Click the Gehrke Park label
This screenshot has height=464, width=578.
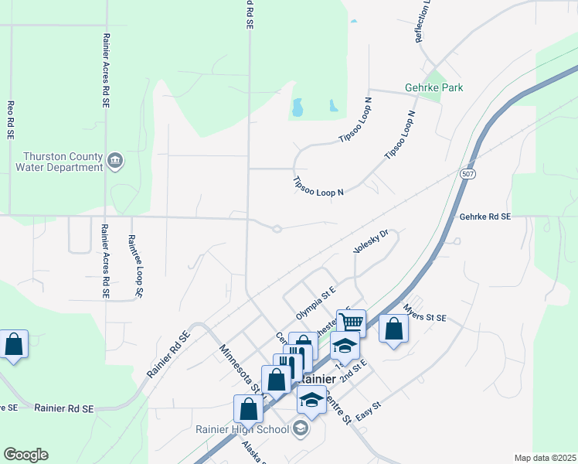point(433,88)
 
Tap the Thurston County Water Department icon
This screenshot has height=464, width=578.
point(115,161)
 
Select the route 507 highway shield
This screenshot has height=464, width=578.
point(469,173)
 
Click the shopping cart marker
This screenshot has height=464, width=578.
point(352,322)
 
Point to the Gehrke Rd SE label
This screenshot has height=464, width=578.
point(485,218)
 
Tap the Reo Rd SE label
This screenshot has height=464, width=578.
point(10,120)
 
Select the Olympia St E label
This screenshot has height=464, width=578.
point(317,303)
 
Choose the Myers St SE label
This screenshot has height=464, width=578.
point(424,318)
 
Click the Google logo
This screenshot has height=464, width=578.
point(25,455)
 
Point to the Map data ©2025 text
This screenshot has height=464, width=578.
point(545,458)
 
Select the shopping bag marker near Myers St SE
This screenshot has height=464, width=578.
point(393,329)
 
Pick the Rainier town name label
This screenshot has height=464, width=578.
point(315,380)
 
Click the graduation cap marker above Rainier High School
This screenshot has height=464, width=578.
point(311,401)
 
